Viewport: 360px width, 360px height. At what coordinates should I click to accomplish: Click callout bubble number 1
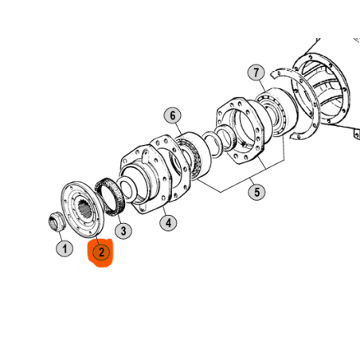point(65,248)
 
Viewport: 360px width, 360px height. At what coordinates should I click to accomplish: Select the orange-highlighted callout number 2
point(101,252)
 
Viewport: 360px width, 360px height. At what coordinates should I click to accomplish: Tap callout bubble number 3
point(123,231)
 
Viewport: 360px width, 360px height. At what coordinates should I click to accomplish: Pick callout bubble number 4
point(168,223)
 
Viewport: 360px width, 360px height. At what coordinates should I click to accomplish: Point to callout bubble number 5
point(256,192)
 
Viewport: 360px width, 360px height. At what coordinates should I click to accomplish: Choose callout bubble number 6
point(173,115)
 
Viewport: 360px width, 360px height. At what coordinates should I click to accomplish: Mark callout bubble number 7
point(256,72)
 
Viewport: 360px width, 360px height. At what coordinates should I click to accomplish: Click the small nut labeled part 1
point(57,221)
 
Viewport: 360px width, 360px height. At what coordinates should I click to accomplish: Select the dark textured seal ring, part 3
point(110,197)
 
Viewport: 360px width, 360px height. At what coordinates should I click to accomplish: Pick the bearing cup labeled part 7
point(276,112)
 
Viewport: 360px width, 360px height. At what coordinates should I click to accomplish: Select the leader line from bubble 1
point(61,236)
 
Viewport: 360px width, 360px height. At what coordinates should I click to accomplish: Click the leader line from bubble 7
point(263,85)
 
